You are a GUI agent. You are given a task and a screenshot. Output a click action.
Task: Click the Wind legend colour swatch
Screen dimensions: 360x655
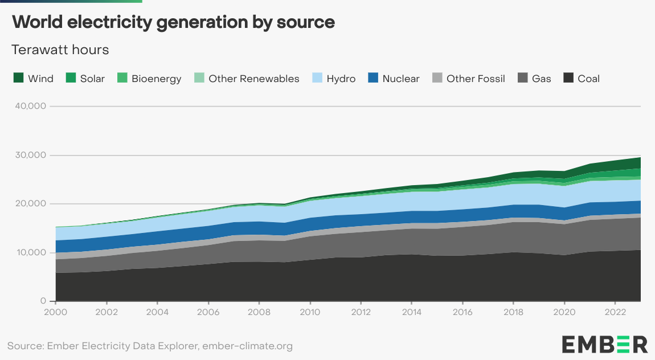coord(18,79)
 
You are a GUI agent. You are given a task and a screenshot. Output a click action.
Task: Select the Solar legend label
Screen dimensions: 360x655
coord(92,79)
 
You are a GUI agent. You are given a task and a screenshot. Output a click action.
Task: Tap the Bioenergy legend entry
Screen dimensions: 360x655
coord(156,79)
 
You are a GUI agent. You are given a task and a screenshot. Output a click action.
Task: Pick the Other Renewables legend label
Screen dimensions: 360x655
coord(253,79)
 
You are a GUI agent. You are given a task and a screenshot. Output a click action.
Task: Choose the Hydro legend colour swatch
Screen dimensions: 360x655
coord(317,79)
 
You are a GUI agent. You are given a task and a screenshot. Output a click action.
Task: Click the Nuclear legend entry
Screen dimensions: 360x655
coord(400,79)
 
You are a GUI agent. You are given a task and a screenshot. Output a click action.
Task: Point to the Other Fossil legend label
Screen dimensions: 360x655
coord(476,79)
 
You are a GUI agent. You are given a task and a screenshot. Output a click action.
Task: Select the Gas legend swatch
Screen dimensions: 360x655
coord(522,79)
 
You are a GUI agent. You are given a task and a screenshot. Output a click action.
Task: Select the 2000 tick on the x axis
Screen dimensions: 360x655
coord(56,312)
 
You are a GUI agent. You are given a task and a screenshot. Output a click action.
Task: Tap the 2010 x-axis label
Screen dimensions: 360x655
coord(310,312)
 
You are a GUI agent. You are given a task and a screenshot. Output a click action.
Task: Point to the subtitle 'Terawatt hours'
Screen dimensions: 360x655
coord(60,50)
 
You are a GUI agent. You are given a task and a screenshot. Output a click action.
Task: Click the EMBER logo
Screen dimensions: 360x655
coord(604,344)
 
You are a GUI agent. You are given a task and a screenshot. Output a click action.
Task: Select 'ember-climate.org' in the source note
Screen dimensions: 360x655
coord(252,346)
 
